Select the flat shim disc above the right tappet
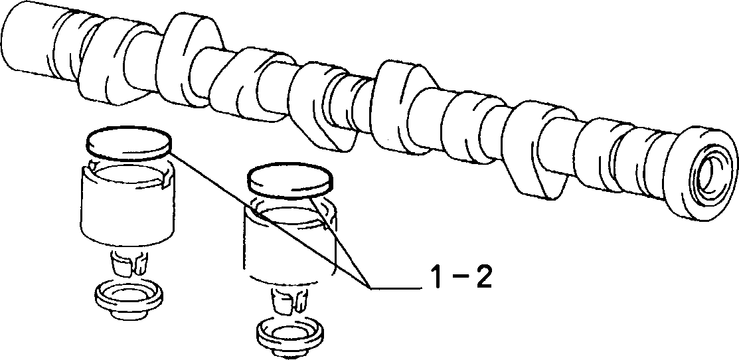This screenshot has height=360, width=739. coord(291,181)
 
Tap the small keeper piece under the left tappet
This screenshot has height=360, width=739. coord(129,264)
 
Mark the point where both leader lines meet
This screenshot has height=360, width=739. coord(370,286)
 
